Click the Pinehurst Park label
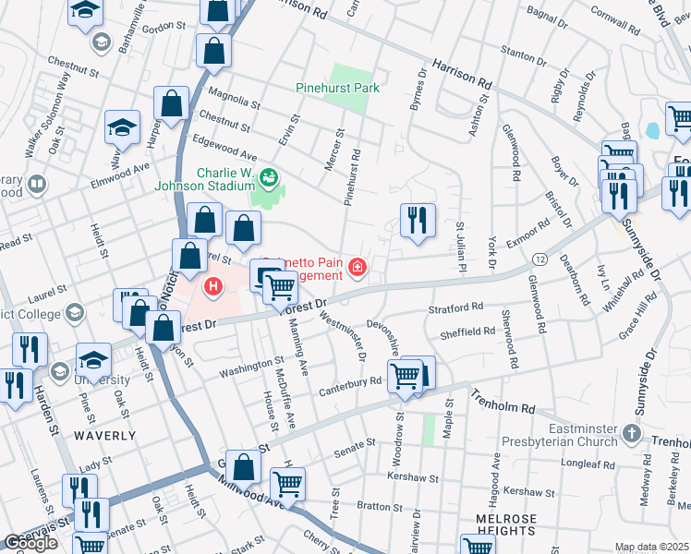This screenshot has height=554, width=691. tap(338, 89)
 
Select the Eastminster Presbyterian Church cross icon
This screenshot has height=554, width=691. tap(631, 433)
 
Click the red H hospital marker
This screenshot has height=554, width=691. tap(214, 287)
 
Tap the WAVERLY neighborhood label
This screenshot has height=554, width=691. tap(105, 435)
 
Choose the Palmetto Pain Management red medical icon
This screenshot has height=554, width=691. tap(357, 269)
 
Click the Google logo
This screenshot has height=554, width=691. tap(30, 543)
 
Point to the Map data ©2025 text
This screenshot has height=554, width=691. tap(651, 547)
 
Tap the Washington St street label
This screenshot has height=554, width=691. tap(250, 367)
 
